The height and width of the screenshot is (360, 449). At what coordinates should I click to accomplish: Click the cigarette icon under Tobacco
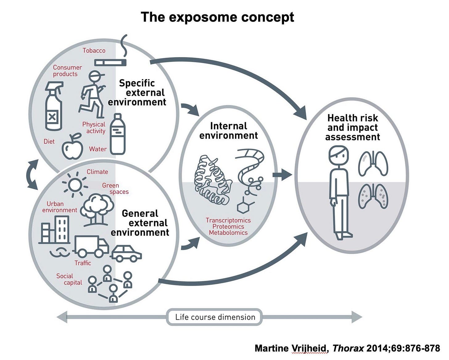click(110, 63)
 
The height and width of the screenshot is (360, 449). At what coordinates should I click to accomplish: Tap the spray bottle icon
click(54, 106)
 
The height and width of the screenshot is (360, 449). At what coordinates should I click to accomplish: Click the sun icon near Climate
click(75, 185)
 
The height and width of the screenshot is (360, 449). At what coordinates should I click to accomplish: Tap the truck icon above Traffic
click(91, 246)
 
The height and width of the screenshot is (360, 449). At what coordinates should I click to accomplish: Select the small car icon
click(126, 253)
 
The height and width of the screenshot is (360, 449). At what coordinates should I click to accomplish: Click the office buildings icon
click(55, 230)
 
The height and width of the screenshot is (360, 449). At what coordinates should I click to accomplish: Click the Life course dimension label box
click(215, 317)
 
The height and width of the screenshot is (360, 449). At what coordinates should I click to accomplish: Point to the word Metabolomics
click(228, 233)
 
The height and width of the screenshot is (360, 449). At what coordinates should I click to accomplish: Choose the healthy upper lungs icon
click(373, 163)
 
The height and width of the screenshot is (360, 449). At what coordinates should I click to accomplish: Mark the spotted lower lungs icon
click(373, 196)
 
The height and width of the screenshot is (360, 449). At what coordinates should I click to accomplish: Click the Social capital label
click(69, 279)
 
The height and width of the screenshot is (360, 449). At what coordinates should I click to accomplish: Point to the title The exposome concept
click(217, 17)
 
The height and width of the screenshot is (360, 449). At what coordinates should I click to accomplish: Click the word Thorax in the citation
click(348, 348)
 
